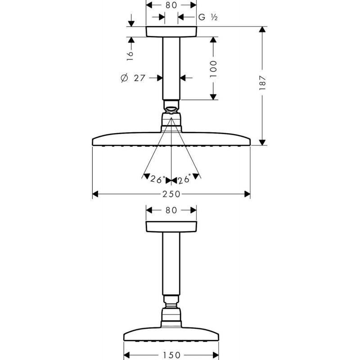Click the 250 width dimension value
pyautogui.click(x=171, y=194)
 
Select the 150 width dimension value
pyautogui.click(x=171, y=355)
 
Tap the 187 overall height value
pyautogui.click(x=262, y=82)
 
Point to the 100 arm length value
pyautogui.click(x=213, y=69)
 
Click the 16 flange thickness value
pyautogui.click(x=130, y=55)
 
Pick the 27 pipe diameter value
pyautogui.click(x=139, y=78)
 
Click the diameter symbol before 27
pyautogui.click(x=124, y=78)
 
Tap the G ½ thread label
pyautogui.click(x=208, y=17)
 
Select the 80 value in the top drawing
pyautogui.click(x=171, y=5)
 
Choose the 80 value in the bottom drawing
pyautogui.click(x=171, y=210)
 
